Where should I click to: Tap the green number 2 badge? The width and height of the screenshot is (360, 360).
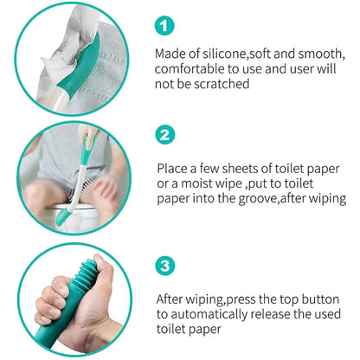click(168, 134)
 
